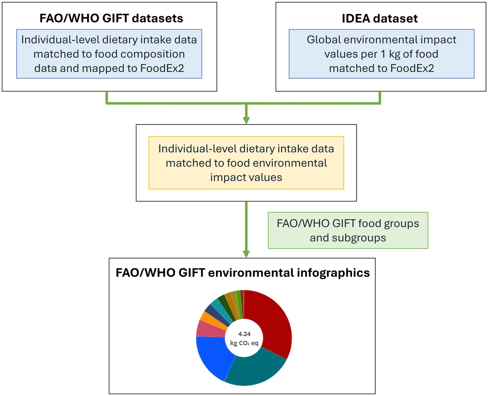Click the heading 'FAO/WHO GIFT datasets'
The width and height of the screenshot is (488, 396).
[x=111, y=18]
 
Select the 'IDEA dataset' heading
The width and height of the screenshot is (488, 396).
[x=380, y=18]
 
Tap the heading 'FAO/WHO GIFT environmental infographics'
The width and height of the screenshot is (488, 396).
[x=243, y=273]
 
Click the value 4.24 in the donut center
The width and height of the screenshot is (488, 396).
[x=244, y=334]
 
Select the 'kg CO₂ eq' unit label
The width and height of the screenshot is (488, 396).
[x=244, y=343]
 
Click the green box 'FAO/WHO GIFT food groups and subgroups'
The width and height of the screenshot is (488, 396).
[x=348, y=230]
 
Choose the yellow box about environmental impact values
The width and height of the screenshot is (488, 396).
[x=246, y=163]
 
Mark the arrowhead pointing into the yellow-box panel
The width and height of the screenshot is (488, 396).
[x=246, y=120]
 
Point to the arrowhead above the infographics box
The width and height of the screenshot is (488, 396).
[x=246, y=254]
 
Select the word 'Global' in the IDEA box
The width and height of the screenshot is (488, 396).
[x=324, y=39]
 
